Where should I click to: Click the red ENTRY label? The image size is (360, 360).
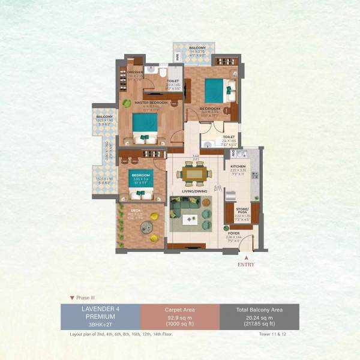coord(245,264)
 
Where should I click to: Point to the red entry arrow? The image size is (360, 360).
coord(245,256)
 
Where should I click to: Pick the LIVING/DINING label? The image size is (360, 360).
coord(195,192)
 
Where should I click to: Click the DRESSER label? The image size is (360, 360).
coord(134,72)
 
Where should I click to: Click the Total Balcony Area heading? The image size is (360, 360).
coord(259,310)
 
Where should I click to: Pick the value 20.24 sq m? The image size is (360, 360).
coord(259,317)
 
